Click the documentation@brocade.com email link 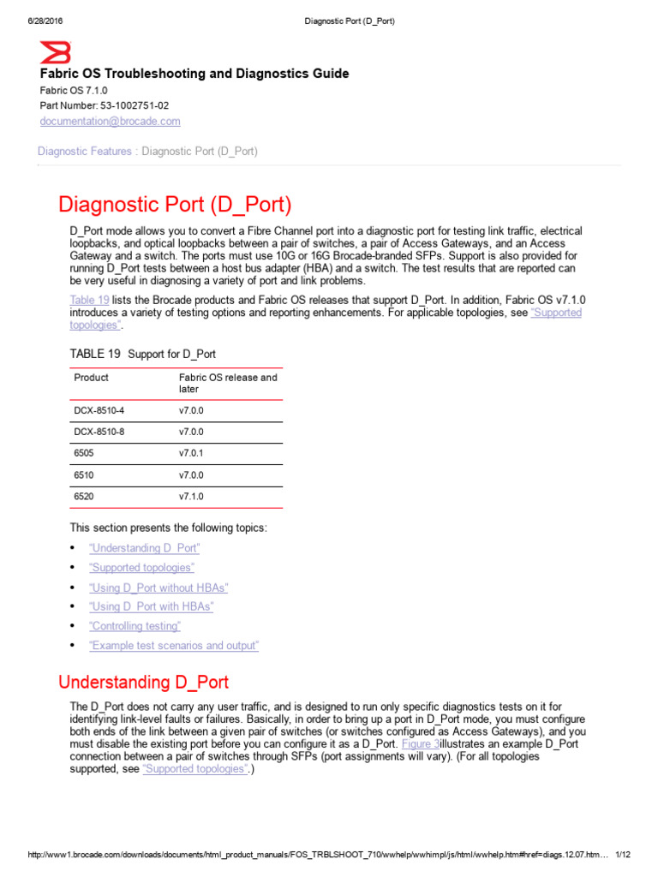point(111,122)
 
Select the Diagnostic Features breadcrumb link point(85,152)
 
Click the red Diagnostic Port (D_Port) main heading point(175,205)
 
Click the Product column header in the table point(92,378)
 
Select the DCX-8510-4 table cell point(99,411)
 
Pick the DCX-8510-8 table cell point(99,432)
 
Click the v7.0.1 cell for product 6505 point(192,453)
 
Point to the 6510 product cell point(85,475)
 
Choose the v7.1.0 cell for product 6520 point(192,497)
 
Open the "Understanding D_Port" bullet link point(144,548)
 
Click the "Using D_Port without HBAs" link point(159,588)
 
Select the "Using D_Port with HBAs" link point(151,606)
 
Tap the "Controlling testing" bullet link point(135,626)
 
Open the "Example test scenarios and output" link point(173,646)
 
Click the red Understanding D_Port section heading point(143,683)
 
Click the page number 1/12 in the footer point(623,856)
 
